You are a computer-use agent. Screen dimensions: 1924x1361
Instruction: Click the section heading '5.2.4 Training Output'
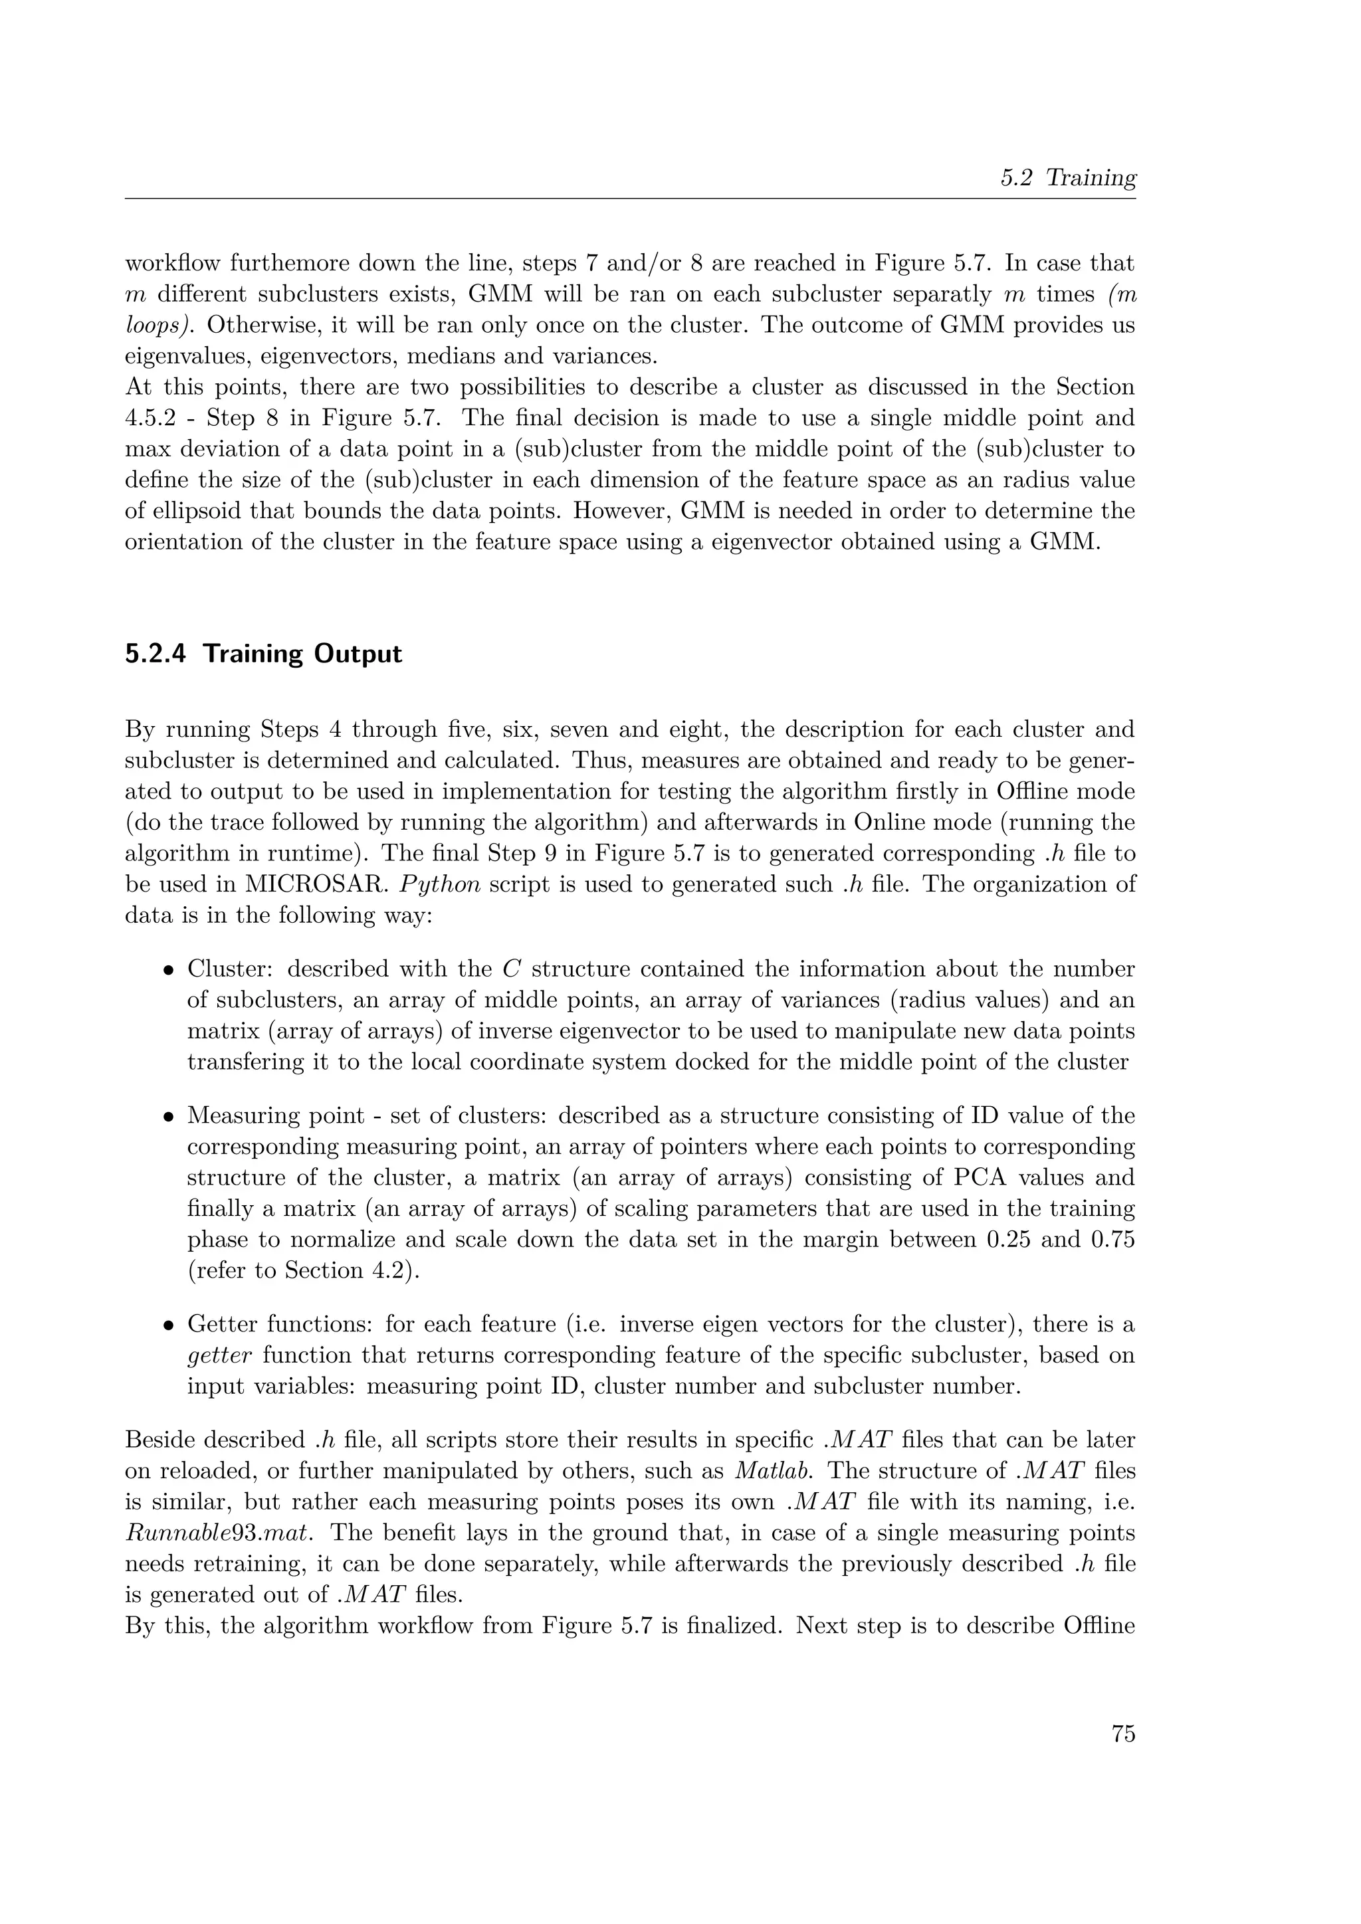tap(263, 654)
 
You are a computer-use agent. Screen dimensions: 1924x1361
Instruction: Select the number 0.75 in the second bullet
tap(1111, 1239)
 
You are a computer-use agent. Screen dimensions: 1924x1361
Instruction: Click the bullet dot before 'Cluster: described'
tap(168, 971)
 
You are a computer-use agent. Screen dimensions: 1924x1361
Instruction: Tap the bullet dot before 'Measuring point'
tap(168, 1117)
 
